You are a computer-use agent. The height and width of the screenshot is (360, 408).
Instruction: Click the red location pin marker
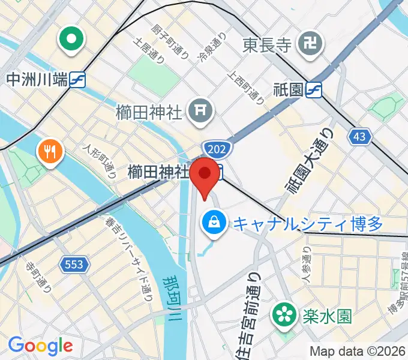[x=206, y=175]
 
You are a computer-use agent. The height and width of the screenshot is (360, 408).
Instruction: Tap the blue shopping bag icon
[x=213, y=223]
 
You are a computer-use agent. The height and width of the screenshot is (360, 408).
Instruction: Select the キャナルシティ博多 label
[x=307, y=224]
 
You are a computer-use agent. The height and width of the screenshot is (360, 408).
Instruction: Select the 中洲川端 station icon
[x=77, y=79]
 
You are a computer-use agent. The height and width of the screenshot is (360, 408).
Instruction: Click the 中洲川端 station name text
[x=35, y=79]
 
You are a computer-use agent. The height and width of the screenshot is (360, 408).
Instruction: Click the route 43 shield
[x=359, y=137]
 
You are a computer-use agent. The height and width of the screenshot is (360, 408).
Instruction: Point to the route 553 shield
[x=75, y=263]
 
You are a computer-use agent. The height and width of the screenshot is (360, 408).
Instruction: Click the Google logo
[x=40, y=346]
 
